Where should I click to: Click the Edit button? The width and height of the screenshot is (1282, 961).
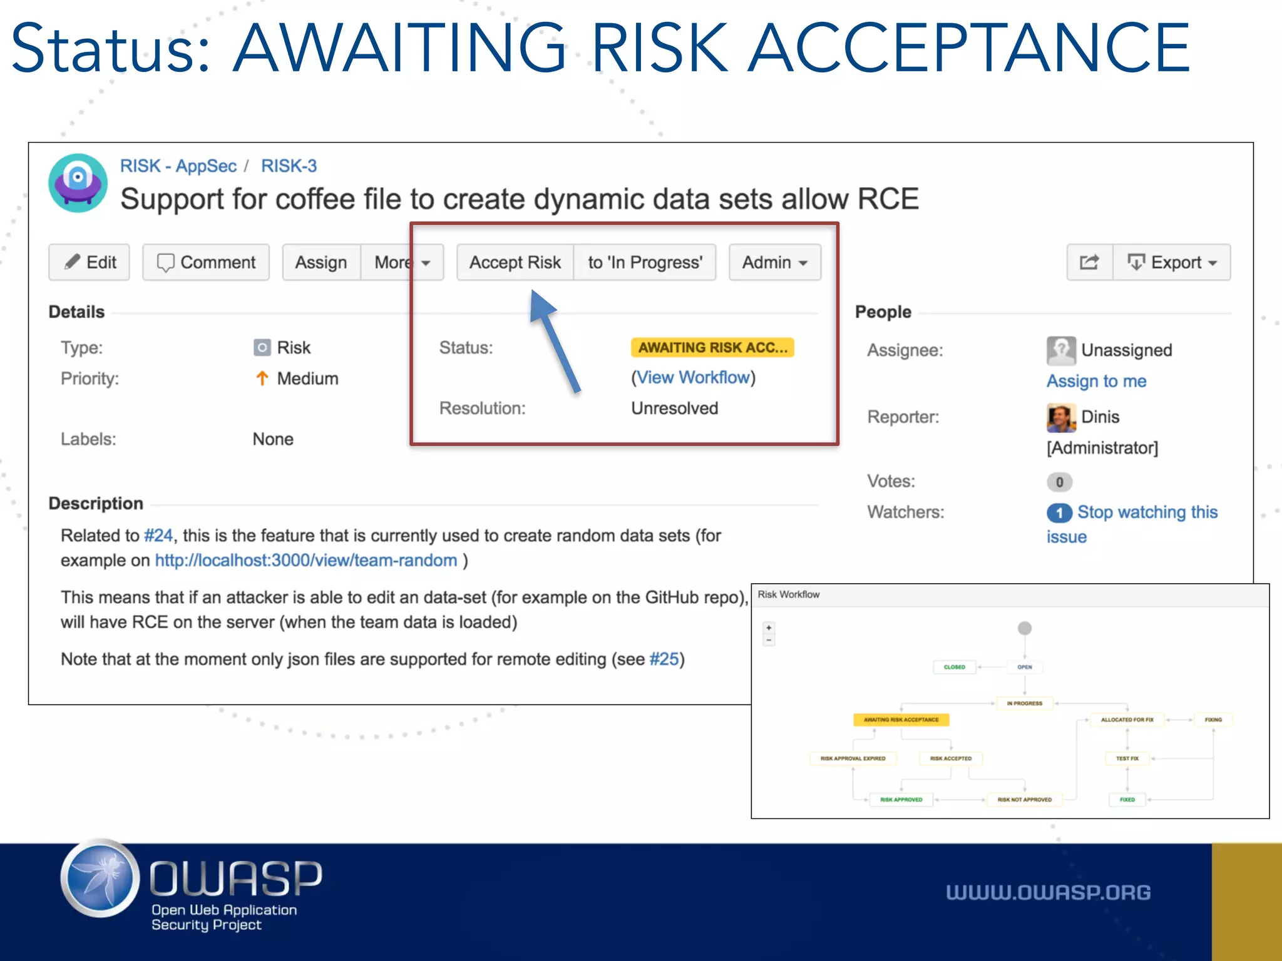pyautogui.click(x=90, y=262)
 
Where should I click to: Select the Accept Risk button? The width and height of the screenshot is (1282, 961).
pyautogui.click(x=515, y=262)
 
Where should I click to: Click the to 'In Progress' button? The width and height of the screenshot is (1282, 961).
pyautogui.click(x=645, y=262)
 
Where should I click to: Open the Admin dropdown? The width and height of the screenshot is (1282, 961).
pyautogui.click(x=774, y=262)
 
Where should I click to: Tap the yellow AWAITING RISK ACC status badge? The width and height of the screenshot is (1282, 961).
pyautogui.click(x=712, y=347)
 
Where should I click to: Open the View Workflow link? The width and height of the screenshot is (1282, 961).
pyautogui.click(x=693, y=377)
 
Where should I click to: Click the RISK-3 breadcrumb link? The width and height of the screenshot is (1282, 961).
pyautogui.click(x=289, y=166)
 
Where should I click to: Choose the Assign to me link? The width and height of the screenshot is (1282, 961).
pyautogui.click(x=1096, y=381)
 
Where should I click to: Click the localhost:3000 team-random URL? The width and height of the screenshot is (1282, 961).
pyautogui.click(x=306, y=560)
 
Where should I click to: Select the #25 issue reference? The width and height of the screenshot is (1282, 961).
pyautogui.click(x=664, y=659)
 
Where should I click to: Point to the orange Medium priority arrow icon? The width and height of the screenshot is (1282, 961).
pyautogui.click(x=262, y=379)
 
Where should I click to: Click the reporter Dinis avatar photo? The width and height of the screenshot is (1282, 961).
pyautogui.click(x=1060, y=417)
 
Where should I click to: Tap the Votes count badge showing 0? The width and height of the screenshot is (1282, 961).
pyautogui.click(x=1059, y=482)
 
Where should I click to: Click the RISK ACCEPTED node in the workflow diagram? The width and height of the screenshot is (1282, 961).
pyautogui.click(x=951, y=758)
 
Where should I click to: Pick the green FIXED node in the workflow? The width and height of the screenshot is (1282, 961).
pyautogui.click(x=1127, y=800)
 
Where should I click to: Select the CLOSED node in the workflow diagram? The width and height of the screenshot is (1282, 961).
pyautogui.click(x=955, y=667)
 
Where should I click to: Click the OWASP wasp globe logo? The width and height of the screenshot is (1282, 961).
pyautogui.click(x=100, y=878)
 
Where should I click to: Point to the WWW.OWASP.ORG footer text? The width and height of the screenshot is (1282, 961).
pyautogui.click(x=1048, y=892)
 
